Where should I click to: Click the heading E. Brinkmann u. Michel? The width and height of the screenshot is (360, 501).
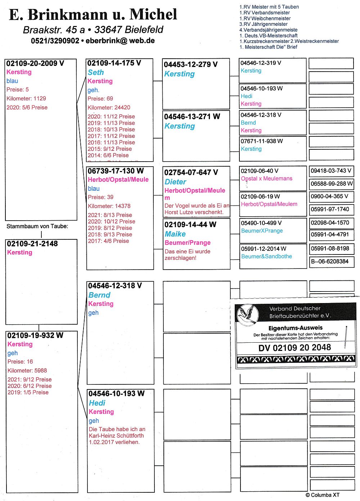tap(93, 15)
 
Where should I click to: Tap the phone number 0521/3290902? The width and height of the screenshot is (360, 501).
tap(55, 41)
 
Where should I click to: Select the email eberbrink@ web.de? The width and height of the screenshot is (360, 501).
tap(120, 41)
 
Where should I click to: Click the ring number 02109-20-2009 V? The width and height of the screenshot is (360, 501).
tap(35, 63)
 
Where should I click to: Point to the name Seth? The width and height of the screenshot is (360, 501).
tap(96, 72)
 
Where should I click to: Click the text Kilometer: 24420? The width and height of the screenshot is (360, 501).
tap(109, 107)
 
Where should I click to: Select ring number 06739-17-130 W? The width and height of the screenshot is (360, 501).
tap(116, 171)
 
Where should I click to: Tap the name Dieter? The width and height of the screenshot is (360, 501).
tap(175, 182)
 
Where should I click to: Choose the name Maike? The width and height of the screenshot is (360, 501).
tap(175, 234)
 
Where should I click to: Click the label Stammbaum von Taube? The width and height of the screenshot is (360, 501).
tap(37, 226)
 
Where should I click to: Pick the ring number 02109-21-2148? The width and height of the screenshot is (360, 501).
tap(32, 244)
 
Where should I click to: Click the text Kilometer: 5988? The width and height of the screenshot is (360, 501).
tap(27, 370)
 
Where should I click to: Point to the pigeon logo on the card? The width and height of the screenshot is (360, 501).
tap(248, 314)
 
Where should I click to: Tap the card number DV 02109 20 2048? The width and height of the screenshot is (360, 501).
tap(294, 348)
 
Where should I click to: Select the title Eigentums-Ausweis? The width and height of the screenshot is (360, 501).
tap(295, 328)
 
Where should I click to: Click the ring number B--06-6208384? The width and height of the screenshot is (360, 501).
tap(330, 262)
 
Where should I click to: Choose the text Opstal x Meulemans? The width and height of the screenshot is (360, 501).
tap(266, 179)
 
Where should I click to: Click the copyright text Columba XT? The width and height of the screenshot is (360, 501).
tap(323, 495)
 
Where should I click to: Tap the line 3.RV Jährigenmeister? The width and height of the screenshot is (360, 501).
tap(264, 24)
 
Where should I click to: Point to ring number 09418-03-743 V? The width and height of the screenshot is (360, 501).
tap(331, 171)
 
